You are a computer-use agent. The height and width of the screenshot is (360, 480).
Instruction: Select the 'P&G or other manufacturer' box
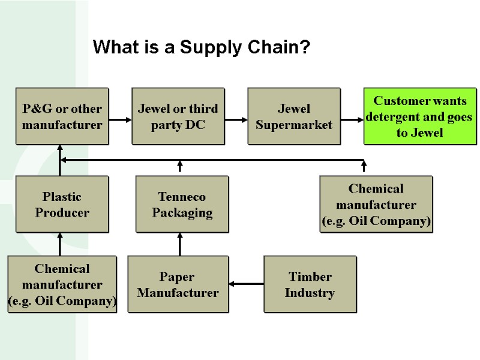pos(62,116)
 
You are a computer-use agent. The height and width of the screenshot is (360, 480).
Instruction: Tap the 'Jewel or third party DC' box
pos(178,116)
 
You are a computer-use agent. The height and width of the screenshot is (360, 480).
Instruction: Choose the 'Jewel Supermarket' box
pos(294,116)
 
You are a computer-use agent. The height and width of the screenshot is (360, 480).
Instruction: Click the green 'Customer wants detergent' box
pos(419,116)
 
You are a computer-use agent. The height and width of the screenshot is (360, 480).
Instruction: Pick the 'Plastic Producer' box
pos(62,204)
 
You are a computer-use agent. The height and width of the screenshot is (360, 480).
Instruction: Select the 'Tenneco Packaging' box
pos(182,204)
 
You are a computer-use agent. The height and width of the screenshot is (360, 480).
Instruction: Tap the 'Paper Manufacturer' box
pos(178,284)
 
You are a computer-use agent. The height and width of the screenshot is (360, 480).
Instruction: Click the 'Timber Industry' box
pos(310,284)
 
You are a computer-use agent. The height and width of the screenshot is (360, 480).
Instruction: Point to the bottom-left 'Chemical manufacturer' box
pos(62,284)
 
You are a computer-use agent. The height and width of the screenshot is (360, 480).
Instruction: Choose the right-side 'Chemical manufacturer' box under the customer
pos(376,204)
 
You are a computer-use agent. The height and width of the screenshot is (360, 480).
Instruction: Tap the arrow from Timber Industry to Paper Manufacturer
pos(246,284)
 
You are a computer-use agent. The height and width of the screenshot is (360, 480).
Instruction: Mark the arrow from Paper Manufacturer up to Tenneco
pos(180,244)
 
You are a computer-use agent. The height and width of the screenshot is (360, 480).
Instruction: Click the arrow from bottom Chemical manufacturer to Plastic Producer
pos(60,244)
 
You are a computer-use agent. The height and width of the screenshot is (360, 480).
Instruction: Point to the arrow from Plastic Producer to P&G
pos(60,159)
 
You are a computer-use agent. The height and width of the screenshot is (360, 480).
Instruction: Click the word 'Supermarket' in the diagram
pos(294,125)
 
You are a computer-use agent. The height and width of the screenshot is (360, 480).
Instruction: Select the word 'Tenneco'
pos(182,197)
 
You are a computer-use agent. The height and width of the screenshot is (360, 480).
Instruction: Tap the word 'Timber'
pos(310,277)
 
